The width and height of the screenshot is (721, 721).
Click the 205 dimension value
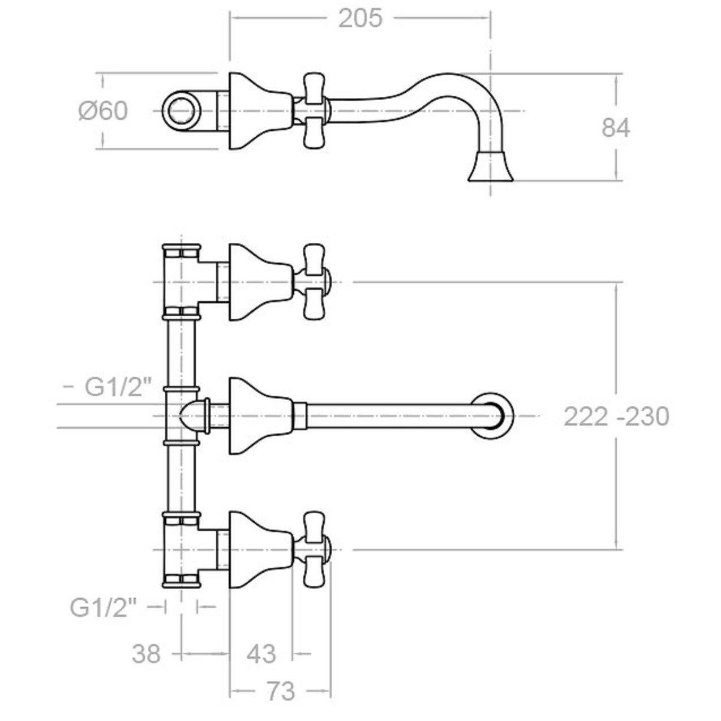point(360,19)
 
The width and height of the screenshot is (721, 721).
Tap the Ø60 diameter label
point(103,111)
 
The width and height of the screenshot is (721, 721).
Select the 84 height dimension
point(616,128)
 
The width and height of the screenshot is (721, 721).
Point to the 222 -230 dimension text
point(616,417)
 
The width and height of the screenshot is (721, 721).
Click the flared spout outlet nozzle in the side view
point(491,166)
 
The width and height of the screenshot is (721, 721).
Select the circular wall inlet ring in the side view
point(182,111)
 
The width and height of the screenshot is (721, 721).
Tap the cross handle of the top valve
point(316,282)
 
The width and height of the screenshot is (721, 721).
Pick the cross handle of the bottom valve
point(316,550)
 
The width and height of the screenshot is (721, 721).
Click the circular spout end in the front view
point(493,416)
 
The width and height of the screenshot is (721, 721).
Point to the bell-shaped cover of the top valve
point(260,282)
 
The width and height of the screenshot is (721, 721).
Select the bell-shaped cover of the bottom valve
point(260,550)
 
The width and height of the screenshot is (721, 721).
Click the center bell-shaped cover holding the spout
point(260,416)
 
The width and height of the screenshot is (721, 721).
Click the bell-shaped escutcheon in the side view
point(260,111)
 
